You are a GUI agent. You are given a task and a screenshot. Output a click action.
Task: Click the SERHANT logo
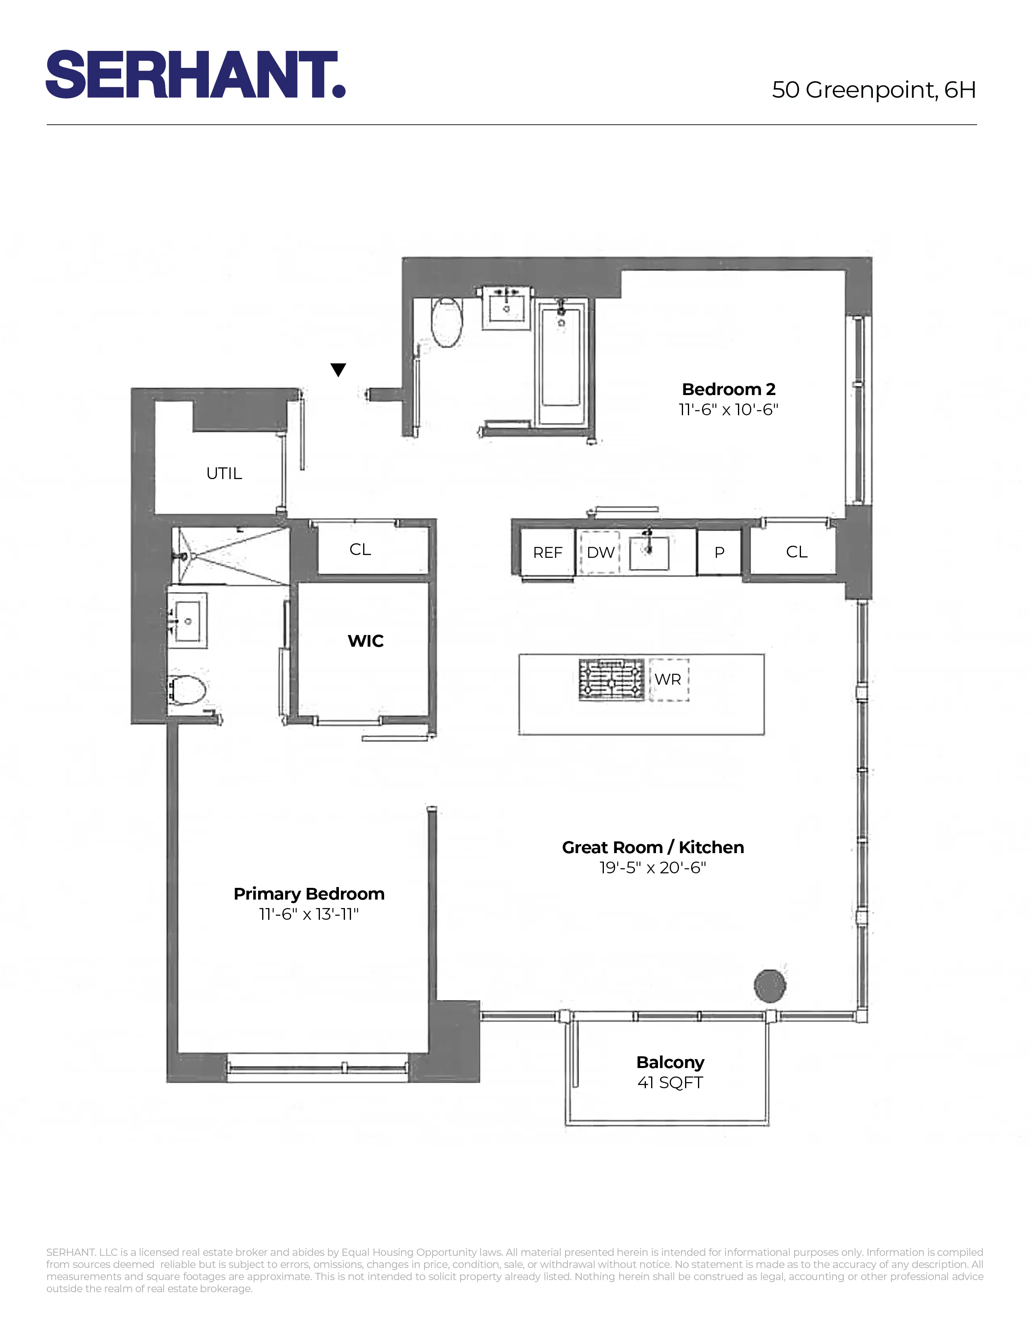pyautogui.click(x=195, y=74)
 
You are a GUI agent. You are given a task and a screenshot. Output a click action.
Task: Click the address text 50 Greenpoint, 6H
pyautogui.click(x=873, y=90)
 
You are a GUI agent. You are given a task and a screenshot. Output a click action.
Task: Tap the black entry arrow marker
pyautogui.click(x=338, y=369)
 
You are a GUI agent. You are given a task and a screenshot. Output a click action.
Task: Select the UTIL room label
pyautogui.click(x=224, y=473)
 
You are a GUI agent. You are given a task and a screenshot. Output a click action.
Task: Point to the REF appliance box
pyautogui.click(x=547, y=552)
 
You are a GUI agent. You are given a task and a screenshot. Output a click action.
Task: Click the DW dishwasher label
pyautogui.click(x=600, y=552)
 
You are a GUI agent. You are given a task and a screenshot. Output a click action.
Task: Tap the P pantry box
pyautogui.click(x=719, y=552)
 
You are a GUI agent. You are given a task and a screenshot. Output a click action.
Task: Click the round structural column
pyautogui.click(x=769, y=985)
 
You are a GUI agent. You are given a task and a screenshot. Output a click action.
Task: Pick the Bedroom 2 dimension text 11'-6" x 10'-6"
pyautogui.click(x=729, y=410)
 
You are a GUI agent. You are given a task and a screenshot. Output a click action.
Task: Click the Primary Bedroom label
pyautogui.click(x=309, y=894)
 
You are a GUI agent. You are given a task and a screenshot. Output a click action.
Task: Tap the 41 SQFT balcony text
pyautogui.click(x=670, y=1082)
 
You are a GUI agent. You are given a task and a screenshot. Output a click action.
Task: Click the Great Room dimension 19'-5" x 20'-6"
pyautogui.click(x=652, y=867)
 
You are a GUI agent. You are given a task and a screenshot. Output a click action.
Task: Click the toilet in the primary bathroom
pyautogui.click(x=188, y=690)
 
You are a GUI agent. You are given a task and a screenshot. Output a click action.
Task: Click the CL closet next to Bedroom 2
pyautogui.click(x=796, y=552)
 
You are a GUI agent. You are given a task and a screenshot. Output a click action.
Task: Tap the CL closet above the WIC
pyautogui.click(x=360, y=549)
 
